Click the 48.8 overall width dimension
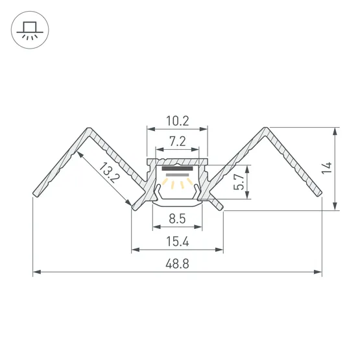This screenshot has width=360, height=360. click(x=177, y=263)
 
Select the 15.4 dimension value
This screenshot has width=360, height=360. click(x=178, y=241)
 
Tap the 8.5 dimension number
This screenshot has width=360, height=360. click(x=177, y=219)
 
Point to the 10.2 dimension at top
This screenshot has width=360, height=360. click(x=178, y=121)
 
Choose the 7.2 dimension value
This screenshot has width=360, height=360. click(x=178, y=141)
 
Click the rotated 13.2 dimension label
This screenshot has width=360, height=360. click(x=109, y=173)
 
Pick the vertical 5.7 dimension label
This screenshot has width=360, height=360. click(x=239, y=182)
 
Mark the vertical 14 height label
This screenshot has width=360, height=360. click(x=327, y=168)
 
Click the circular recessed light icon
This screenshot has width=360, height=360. click(x=30, y=30)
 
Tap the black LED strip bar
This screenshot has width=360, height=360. click(x=177, y=169)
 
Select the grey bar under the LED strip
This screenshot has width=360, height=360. click(x=177, y=175)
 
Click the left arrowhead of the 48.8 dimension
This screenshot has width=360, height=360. click(x=37, y=272)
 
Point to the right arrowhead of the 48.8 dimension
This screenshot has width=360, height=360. click(x=318, y=272)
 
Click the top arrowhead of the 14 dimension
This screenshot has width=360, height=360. click(x=335, y=131)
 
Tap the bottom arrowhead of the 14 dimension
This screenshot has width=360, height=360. click(x=335, y=206)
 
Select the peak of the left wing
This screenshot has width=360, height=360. click(x=89, y=128)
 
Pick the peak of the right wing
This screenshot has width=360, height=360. click(x=266, y=128)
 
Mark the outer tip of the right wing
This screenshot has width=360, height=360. click(x=319, y=194)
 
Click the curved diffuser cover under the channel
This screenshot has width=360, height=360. click(x=177, y=204)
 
